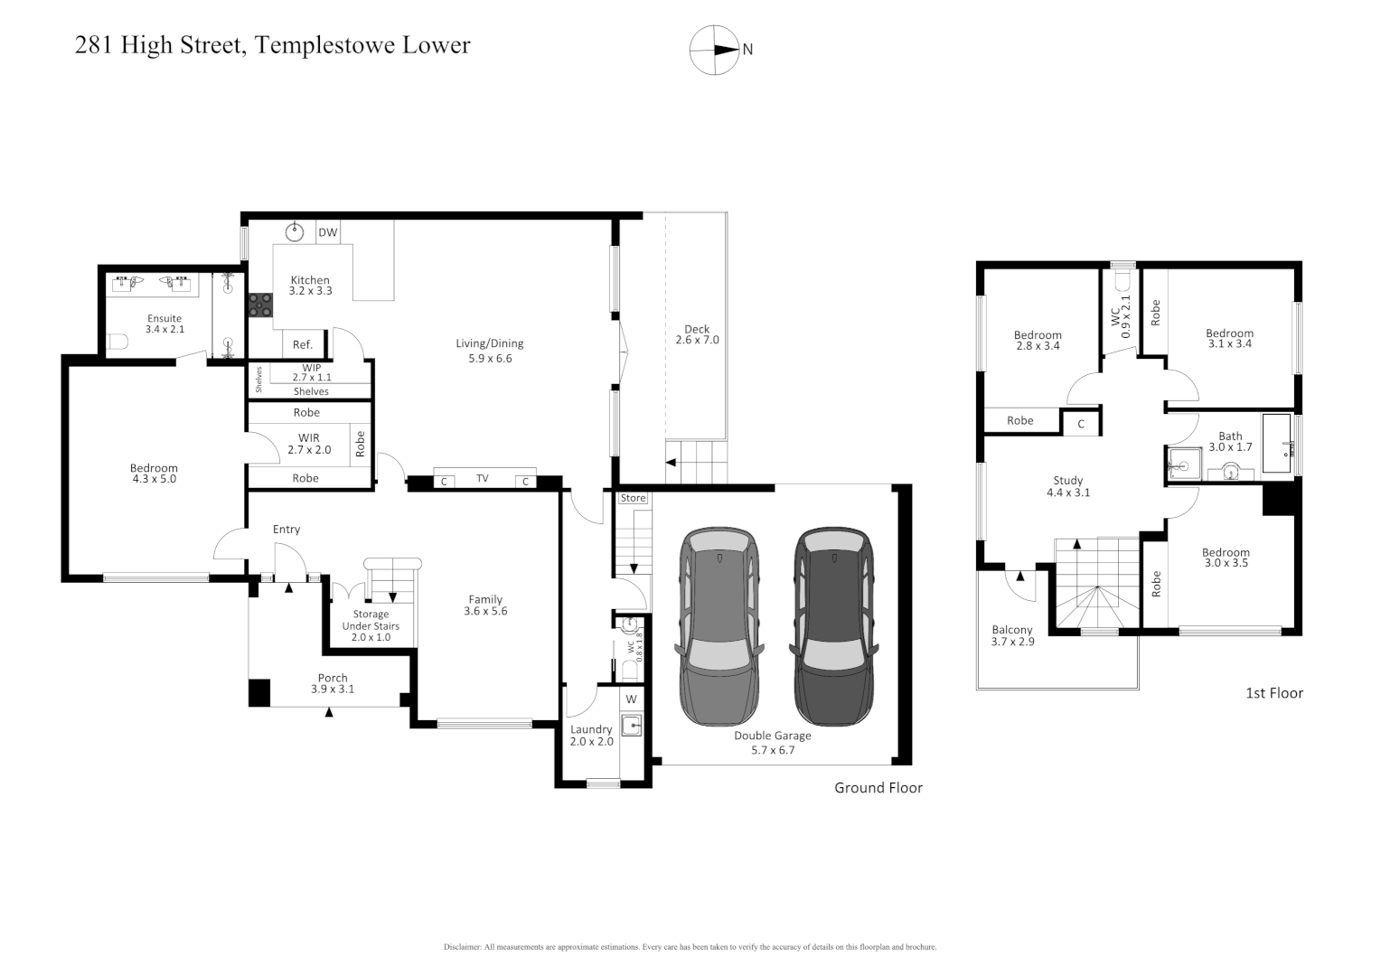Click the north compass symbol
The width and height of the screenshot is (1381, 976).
pyautogui.click(x=715, y=50)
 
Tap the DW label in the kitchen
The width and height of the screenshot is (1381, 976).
pyautogui.click(x=327, y=233)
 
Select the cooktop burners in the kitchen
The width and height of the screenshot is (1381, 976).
pyautogui.click(x=261, y=305)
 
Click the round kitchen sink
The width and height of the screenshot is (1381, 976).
pyautogui.click(x=295, y=232)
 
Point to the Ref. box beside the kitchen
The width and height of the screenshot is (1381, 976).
pyautogui.click(x=303, y=344)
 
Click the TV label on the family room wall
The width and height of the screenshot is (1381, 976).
pyautogui.click(x=483, y=479)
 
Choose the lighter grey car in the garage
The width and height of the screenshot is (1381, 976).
pyautogui.click(x=720, y=626)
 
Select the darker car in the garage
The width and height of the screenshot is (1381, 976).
pyautogui.click(x=834, y=626)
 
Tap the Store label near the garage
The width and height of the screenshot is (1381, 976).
pyautogui.click(x=633, y=498)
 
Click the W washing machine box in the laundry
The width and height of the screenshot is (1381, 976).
pyautogui.click(x=631, y=699)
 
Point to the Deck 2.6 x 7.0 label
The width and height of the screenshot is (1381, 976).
pyautogui.click(x=697, y=334)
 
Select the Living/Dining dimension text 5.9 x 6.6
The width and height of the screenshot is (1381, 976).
pyautogui.click(x=489, y=359)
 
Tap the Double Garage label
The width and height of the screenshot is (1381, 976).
pyautogui.click(x=772, y=736)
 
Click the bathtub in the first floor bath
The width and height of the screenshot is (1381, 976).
pyautogui.click(x=1278, y=444)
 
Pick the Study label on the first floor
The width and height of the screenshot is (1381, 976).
pyautogui.click(x=1067, y=481)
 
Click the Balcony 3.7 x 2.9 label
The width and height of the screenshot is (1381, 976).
pyautogui.click(x=1012, y=635)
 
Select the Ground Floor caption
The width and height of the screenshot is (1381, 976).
pyautogui.click(x=878, y=788)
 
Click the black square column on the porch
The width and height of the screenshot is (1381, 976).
pyautogui.click(x=259, y=692)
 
